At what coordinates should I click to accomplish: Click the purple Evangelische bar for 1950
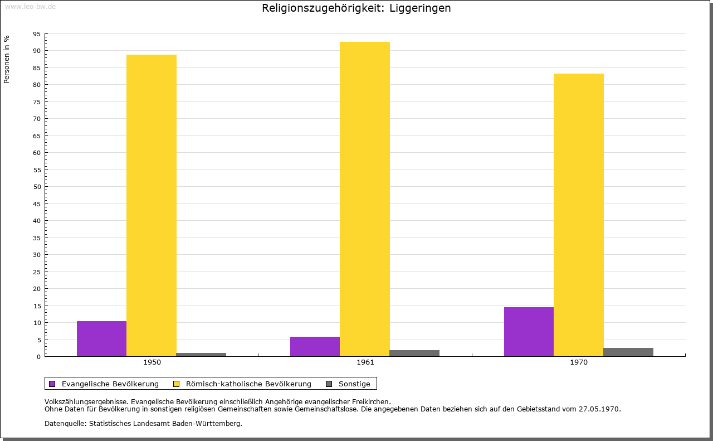tap(101, 338)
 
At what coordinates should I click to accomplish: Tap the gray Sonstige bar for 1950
tap(201, 355)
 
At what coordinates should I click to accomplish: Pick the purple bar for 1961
tap(315, 346)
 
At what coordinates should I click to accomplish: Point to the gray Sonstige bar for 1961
tap(414, 353)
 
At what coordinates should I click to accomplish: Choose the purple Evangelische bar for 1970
tap(529, 332)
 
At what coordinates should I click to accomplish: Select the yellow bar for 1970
tap(578, 215)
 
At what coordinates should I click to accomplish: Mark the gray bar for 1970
tap(628, 352)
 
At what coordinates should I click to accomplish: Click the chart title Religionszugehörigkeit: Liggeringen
tap(356, 8)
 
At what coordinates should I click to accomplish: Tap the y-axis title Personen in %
tap(7, 60)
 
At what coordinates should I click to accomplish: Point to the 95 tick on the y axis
tap(37, 34)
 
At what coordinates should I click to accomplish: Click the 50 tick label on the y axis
tap(37, 187)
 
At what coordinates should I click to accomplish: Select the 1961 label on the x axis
tap(365, 362)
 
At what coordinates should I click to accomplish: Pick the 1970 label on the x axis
tap(579, 362)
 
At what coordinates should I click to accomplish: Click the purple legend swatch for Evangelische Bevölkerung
tap(52, 384)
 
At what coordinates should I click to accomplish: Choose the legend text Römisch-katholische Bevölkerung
tap(248, 384)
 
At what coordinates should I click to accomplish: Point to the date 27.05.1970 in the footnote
tap(599, 409)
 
